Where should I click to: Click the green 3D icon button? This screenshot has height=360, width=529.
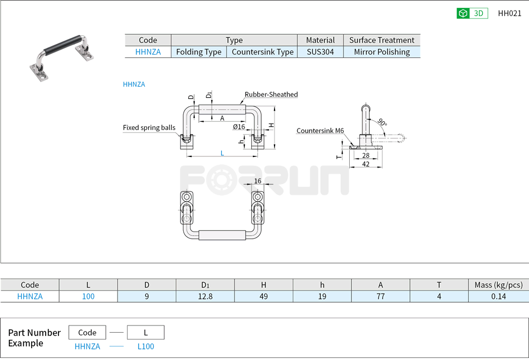click(x=472, y=13)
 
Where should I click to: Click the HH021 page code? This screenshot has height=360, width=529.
click(x=510, y=13)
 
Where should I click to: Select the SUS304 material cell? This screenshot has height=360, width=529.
click(x=320, y=52)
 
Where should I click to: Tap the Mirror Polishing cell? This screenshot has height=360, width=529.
click(x=381, y=52)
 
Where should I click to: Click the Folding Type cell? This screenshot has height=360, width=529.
click(x=199, y=52)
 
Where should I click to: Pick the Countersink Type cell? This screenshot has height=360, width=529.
click(x=262, y=52)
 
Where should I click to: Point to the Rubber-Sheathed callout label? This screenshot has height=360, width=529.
click(x=271, y=95)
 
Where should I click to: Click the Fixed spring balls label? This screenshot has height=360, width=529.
click(x=149, y=128)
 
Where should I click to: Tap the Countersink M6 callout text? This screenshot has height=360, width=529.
click(x=320, y=131)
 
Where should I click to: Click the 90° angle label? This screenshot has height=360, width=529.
click(x=381, y=122)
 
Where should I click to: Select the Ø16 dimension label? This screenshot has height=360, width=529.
click(x=239, y=127)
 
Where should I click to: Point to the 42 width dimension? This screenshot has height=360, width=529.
click(x=366, y=164)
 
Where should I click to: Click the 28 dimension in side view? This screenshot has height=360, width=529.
click(x=366, y=156)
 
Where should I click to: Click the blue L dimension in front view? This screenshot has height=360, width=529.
click(x=222, y=153)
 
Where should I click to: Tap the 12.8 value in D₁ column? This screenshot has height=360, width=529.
click(x=205, y=297)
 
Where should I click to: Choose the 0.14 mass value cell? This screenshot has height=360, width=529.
click(x=498, y=297)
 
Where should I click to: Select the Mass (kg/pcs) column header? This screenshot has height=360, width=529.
click(x=498, y=285)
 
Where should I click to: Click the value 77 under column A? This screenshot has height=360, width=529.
click(x=380, y=297)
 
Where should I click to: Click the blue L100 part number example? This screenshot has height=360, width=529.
click(x=145, y=347)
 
